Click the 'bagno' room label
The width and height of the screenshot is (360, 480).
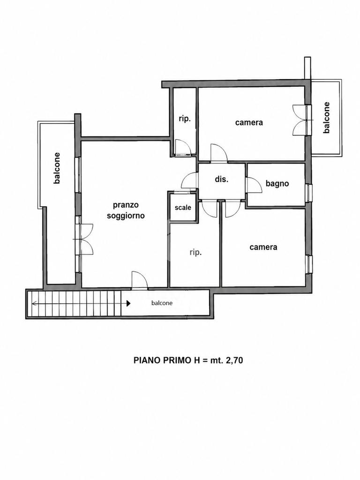[x=277, y=184]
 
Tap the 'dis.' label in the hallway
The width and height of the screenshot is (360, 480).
[x=222, y=179]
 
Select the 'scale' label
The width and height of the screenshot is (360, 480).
[x=183, y=207]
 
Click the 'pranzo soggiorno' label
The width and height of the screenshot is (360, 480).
[x=126, y=210]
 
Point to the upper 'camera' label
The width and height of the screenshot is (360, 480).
[x=249, y=122]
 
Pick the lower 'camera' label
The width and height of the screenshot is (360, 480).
[x=263, y=247]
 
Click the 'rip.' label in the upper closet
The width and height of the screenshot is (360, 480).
[x=185, y=119]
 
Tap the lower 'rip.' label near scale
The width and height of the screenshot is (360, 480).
[x=195, y=252]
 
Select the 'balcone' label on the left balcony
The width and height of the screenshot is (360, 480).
[x=57, y=168]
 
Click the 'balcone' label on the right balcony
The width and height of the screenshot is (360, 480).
[x=327, y=118]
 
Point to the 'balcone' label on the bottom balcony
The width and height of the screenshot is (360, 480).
[x=162, y=303]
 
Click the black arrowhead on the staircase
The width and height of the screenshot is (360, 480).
[x=128, y=303]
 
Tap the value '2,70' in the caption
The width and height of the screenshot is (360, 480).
[x=234, y=360]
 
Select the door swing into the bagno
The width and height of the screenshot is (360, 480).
[x=254, y=185]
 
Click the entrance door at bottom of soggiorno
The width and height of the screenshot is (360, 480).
[x=139, y=280]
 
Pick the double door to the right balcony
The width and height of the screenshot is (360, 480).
[x=300, y=120]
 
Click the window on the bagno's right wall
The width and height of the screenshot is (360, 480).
[x=308, y=193]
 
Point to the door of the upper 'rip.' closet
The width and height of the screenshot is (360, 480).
[x=183, y=147]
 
